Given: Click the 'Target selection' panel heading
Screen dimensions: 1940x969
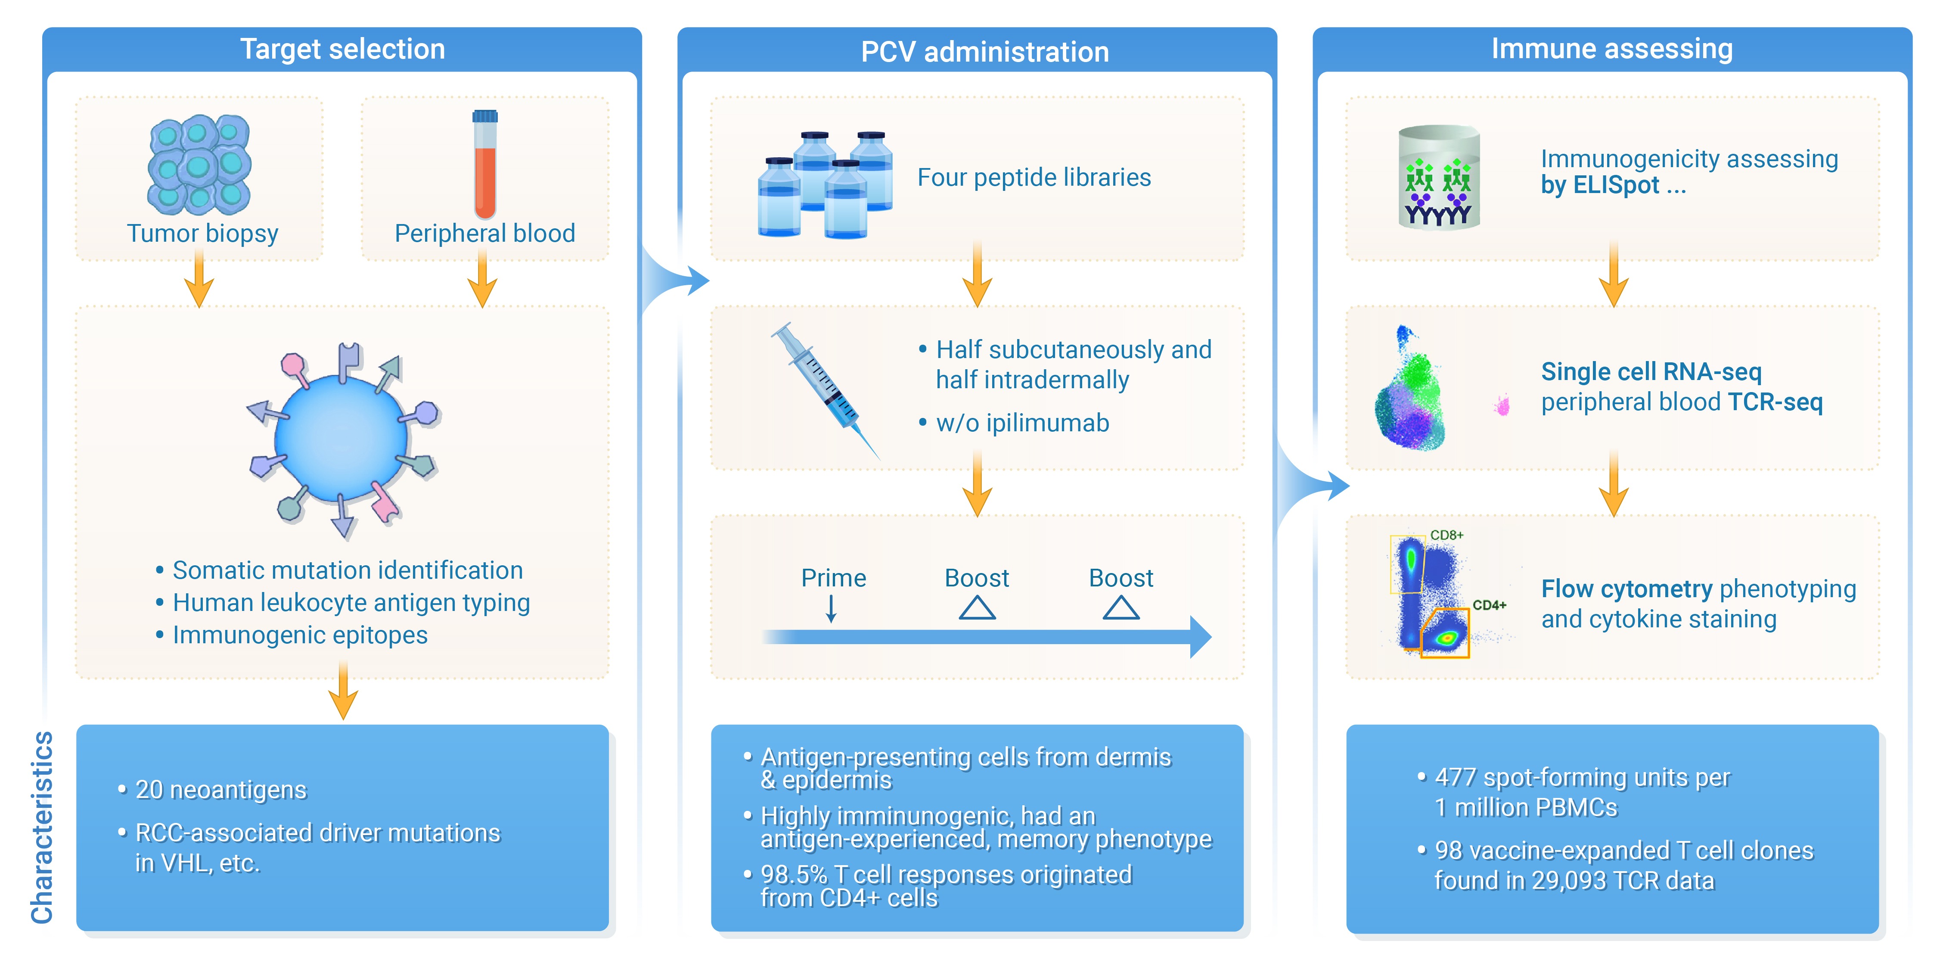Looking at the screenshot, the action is (x=343, y=49).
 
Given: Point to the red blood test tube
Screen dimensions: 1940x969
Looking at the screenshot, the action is (x=485, y=164).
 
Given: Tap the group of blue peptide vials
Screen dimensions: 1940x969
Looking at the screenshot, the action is (x=826, y=185).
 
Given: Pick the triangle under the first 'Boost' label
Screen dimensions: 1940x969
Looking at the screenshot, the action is (x=978, y=608).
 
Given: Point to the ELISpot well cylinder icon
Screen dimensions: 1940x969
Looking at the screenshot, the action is (x=1439, y=178).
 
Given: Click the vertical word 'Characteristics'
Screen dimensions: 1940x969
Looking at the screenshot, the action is (x=42, y=827).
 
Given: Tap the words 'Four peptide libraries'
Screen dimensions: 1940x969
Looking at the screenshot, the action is (x=1034, y=178).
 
